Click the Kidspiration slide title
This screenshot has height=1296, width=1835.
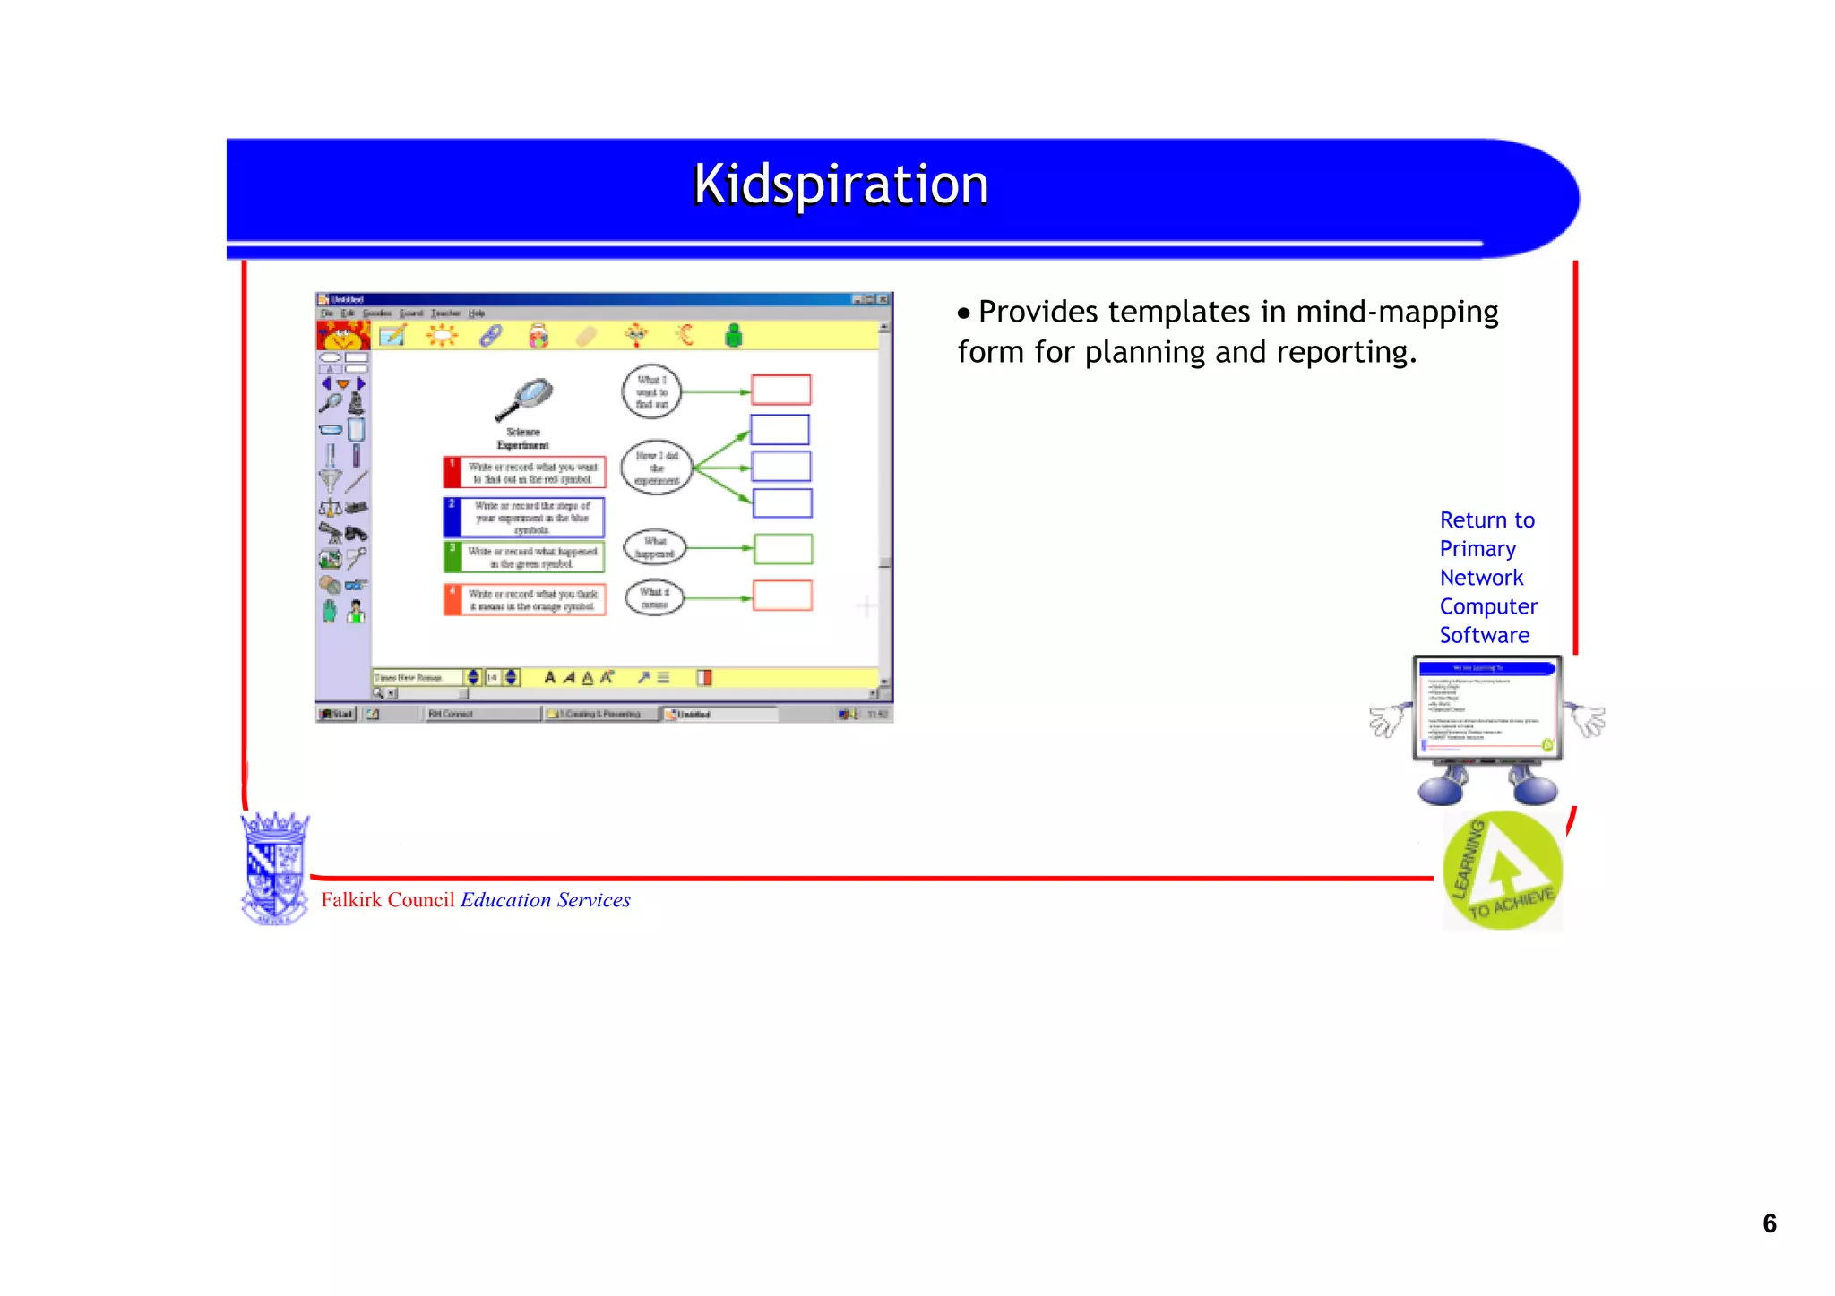pyautogui.click(x=840, y=185)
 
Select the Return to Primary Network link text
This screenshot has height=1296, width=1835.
pyautogui.click(x=1487, y=577)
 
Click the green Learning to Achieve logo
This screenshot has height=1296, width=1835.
pyautogui.click(x=1503, y=871)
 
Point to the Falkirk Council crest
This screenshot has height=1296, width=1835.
pyautogui.click(x=275, y=867)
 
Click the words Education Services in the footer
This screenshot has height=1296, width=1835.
pyautogui.click(x=545, y=900)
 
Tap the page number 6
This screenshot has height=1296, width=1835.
pyautogui.click(x=1769, y=1223)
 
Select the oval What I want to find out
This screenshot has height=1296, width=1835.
pyautogui.click(x=651, y=391)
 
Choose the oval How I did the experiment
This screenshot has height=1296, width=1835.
pyautogui.click(x=657, y=468)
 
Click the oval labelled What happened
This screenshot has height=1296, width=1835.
pyautogui.click(x=655, y=547)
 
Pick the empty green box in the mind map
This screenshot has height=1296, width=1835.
pyautogui.click(x=783, y=549)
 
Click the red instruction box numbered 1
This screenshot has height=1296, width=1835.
pyautogui.click(x=525, y=472)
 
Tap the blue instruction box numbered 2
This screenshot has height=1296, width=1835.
pyautogui.click(x=524, y=518)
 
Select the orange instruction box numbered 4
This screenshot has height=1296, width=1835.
pyautogui.click(x=525, y=599)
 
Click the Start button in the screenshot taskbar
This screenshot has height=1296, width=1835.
pyautogui.click(x=338, y=714)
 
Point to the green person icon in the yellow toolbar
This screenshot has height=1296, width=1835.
pyautogui.click(x=734, y=336)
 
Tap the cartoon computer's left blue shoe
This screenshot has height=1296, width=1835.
pyautogui.click(x=1441, y=789)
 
